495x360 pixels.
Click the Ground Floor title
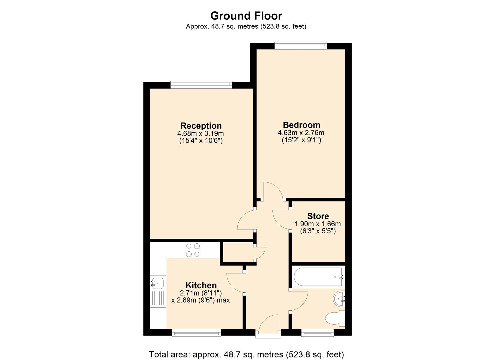coord(246,16)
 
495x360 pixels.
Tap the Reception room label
coord(201,126)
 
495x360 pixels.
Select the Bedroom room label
coord(301,125)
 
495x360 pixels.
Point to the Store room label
coord(318,216)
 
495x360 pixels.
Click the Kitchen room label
coord(201,285)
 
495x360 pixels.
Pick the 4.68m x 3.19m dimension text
coord(201,133)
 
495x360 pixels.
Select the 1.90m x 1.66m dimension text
coord(318,224)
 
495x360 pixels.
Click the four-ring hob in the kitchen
coord(193,250)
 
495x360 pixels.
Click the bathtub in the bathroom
coord(318,277)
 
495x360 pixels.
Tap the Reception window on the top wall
coord(201,85)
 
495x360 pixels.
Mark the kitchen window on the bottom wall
coord(197,332)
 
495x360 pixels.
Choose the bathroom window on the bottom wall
coord(317,332)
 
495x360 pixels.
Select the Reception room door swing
coord(246,220)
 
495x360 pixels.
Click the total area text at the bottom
coord(246,354)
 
